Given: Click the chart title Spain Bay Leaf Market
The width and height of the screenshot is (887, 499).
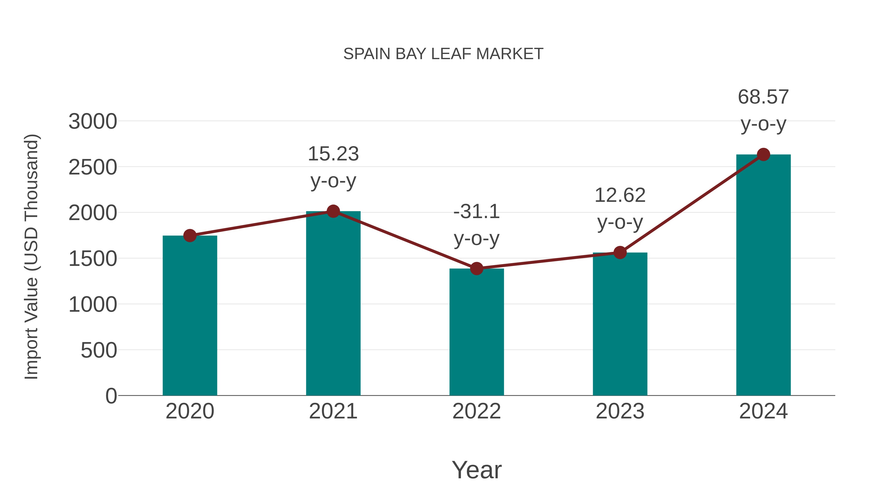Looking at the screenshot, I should click(443, 54).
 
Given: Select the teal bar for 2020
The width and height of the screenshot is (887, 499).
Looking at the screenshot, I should click(190, 320).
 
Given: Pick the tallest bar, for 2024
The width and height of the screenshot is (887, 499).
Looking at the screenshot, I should click(763, 282).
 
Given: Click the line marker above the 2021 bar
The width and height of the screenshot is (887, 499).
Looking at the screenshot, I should click(333, 211).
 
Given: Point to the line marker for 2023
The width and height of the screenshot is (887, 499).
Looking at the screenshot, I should click(620, 252).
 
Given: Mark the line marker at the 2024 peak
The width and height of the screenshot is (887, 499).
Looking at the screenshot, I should click(763, 155).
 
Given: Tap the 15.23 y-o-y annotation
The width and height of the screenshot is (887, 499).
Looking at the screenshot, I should click(333, 167).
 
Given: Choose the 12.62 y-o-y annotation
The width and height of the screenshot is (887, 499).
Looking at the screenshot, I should click(620, 209).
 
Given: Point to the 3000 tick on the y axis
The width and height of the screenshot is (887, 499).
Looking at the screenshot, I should click(93, 121).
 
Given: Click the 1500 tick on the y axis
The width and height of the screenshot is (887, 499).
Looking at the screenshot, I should click(93, 259).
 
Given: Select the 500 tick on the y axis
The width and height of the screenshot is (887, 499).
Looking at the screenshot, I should click(99, 351).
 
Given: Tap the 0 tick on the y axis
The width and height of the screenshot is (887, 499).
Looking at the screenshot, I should click(111, 396).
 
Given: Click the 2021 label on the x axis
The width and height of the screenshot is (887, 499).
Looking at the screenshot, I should click(333, 411).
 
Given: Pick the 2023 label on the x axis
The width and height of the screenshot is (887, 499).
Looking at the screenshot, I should click(620, 411).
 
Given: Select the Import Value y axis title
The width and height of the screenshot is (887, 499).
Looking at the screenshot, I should click(32, 257).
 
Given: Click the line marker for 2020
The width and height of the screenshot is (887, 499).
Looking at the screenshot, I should click(190, 236).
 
